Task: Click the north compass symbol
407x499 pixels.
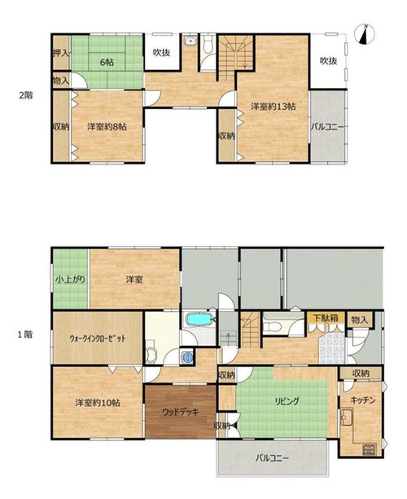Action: click(x=365, y=34)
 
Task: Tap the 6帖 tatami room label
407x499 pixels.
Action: click(x=107, y=63)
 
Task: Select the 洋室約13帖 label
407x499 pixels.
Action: click(x=273, y=107)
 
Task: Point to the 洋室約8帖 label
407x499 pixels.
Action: click(x=107, y=127)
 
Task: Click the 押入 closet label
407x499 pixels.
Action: click(x=61, y=53)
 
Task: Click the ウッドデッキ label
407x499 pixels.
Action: click(x=181, y=412)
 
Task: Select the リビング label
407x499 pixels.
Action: click(x=287, y=401)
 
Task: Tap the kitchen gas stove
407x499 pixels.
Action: click(x=369, y=449)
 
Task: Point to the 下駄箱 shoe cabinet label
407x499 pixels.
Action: click(x=325, y=318)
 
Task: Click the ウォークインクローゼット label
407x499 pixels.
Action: click(x=98, y=339)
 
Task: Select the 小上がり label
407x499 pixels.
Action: click(x=70, y=280)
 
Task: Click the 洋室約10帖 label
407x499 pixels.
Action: click(x=98, y=403)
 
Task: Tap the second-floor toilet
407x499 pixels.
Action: click(x=208, y=45)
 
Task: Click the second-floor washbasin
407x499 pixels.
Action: click(x=190, y=41)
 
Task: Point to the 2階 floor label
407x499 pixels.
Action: click(x=26, y=95)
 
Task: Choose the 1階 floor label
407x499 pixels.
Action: click(x=25, y=335)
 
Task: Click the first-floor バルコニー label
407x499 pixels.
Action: click(x=272, y=458)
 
